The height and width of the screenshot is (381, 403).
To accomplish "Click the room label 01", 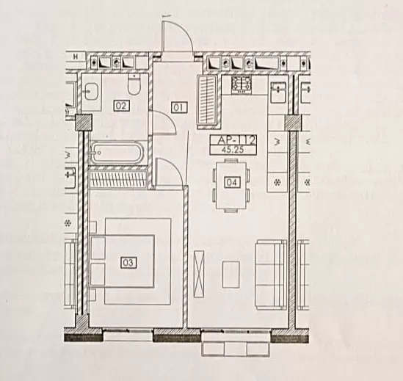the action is pyautogui.click(x=179, y=107).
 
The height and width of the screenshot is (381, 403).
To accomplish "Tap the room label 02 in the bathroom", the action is pyautogui.click(x=121, y=106).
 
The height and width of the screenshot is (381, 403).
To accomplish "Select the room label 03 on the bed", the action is pyautogui.click(x=128, y=263).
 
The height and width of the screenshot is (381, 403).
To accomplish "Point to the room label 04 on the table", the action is pyautogui.click(x=233, y=182).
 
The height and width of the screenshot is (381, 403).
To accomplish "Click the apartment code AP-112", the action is pyautogui.click(x=233, y=141).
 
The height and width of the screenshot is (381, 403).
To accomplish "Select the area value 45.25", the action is pyautogui.click(x=233, y=150).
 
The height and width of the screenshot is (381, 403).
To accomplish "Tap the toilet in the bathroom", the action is pyautogui.click(x=134, y=84).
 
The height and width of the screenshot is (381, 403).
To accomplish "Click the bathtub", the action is pyautogui.click(x=116, y=153).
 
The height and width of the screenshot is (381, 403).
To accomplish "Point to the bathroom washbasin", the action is pyautogui.click(x=91, y=92).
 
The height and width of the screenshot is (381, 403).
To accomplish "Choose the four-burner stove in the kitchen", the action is pyautogui.click(x=241, y=84).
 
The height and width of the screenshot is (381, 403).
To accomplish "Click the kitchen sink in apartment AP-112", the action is pyautogui.click(x=278, y=92).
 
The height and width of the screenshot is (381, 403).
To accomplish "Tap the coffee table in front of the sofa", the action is pyautogui.click(x=231, y=275).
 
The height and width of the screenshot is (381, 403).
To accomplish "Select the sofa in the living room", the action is pyautogui.click(x=272, y=275).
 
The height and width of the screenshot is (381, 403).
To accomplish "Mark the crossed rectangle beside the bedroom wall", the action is pyautogui.click(x=200, y=274).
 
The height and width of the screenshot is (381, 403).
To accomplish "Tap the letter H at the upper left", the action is pyautogui.click(x=76, y=57).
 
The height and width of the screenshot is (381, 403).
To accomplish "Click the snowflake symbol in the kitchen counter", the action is pyautogui.click(x=277, y=183).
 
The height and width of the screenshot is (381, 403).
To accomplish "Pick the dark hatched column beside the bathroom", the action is pyautogui.click(x=84, y=123).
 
